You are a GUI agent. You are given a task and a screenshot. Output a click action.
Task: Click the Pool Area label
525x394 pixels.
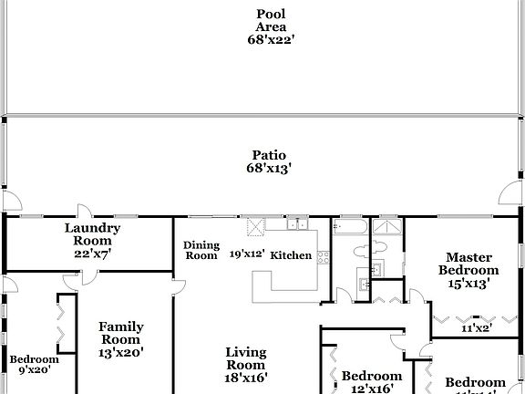pyautogui.click(x=271, y=19)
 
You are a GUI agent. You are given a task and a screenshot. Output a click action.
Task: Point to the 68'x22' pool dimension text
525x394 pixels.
pyautogui.click(x=271, y=39)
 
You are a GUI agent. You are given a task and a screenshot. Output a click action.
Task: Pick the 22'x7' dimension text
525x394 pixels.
pyautogui.click(x=92, y=253)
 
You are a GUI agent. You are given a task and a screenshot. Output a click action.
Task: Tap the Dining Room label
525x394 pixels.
pyautogui.click(x=201, y=250)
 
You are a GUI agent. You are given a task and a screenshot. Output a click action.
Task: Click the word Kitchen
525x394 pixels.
pyautogui.click(x=291, y=255)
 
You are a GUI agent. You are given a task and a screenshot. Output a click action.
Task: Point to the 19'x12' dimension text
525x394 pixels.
pyautogui.click(x=246, y=254)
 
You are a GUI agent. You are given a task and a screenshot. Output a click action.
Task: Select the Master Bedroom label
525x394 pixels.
pyautogui.click(x=468, y=264)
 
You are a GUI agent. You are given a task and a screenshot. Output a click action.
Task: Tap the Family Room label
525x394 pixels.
pyautogui.click(x=121, y=333)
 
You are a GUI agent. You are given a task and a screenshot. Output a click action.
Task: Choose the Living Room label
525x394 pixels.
pyautogui.click(x=245, y=358)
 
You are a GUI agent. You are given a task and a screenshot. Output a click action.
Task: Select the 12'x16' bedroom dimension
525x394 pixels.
pyautogui.click(x=371, y=389)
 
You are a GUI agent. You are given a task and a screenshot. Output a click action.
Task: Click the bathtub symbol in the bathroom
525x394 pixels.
pyautogui.click(x=351, y=225)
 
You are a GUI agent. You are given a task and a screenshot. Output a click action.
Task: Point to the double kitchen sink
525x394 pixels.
pyautogui.click(x=295, y=223)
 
